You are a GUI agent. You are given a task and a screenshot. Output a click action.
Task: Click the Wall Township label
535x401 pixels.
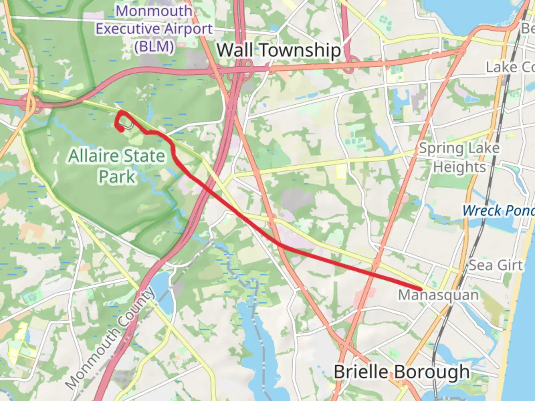(x=279, y=50)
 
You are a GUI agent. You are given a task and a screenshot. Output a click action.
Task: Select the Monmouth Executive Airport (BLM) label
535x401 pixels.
(x=154, y=29)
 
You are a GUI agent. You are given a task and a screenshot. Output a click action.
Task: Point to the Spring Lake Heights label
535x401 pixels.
(x=459, y=158)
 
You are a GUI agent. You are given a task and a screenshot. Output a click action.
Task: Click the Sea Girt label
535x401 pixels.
(x=495, y=265)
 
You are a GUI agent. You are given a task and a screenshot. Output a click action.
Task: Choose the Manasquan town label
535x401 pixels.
(x=438, y=296)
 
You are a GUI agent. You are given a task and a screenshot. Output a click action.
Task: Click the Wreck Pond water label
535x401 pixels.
(x=498, y=211)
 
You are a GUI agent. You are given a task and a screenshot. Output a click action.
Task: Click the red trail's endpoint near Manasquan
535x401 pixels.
(x=421, y=289)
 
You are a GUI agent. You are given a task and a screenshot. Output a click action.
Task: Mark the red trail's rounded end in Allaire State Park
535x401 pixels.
(x=121, y=129)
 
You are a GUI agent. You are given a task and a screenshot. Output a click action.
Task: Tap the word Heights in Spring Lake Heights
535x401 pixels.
(x=459, y=167)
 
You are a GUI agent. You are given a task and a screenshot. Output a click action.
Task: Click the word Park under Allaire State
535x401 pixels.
(x=117, y=176)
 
